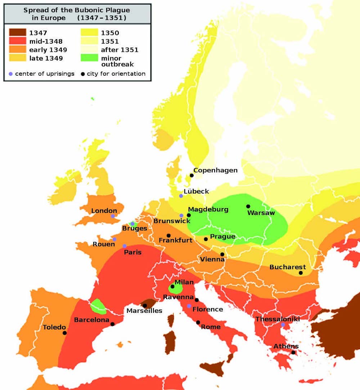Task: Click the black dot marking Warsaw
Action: click(248, 206)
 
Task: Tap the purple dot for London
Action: click(113, 216)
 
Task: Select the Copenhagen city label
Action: click(215, 170)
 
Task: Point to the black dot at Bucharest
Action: click(301, 273)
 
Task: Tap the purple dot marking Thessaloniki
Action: click(283, 325)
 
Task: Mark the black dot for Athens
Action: click(293, 352)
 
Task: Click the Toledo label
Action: click(54, 327)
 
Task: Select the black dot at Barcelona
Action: click(112, 324)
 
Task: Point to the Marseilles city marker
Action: click(145, 306)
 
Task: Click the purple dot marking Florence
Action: click(189, 306)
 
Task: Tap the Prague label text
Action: click(222, 236)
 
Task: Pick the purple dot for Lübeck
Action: click(181, 196)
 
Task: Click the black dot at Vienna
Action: click(222, 254)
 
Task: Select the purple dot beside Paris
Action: click(125, 246)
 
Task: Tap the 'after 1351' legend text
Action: click(119, 50)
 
